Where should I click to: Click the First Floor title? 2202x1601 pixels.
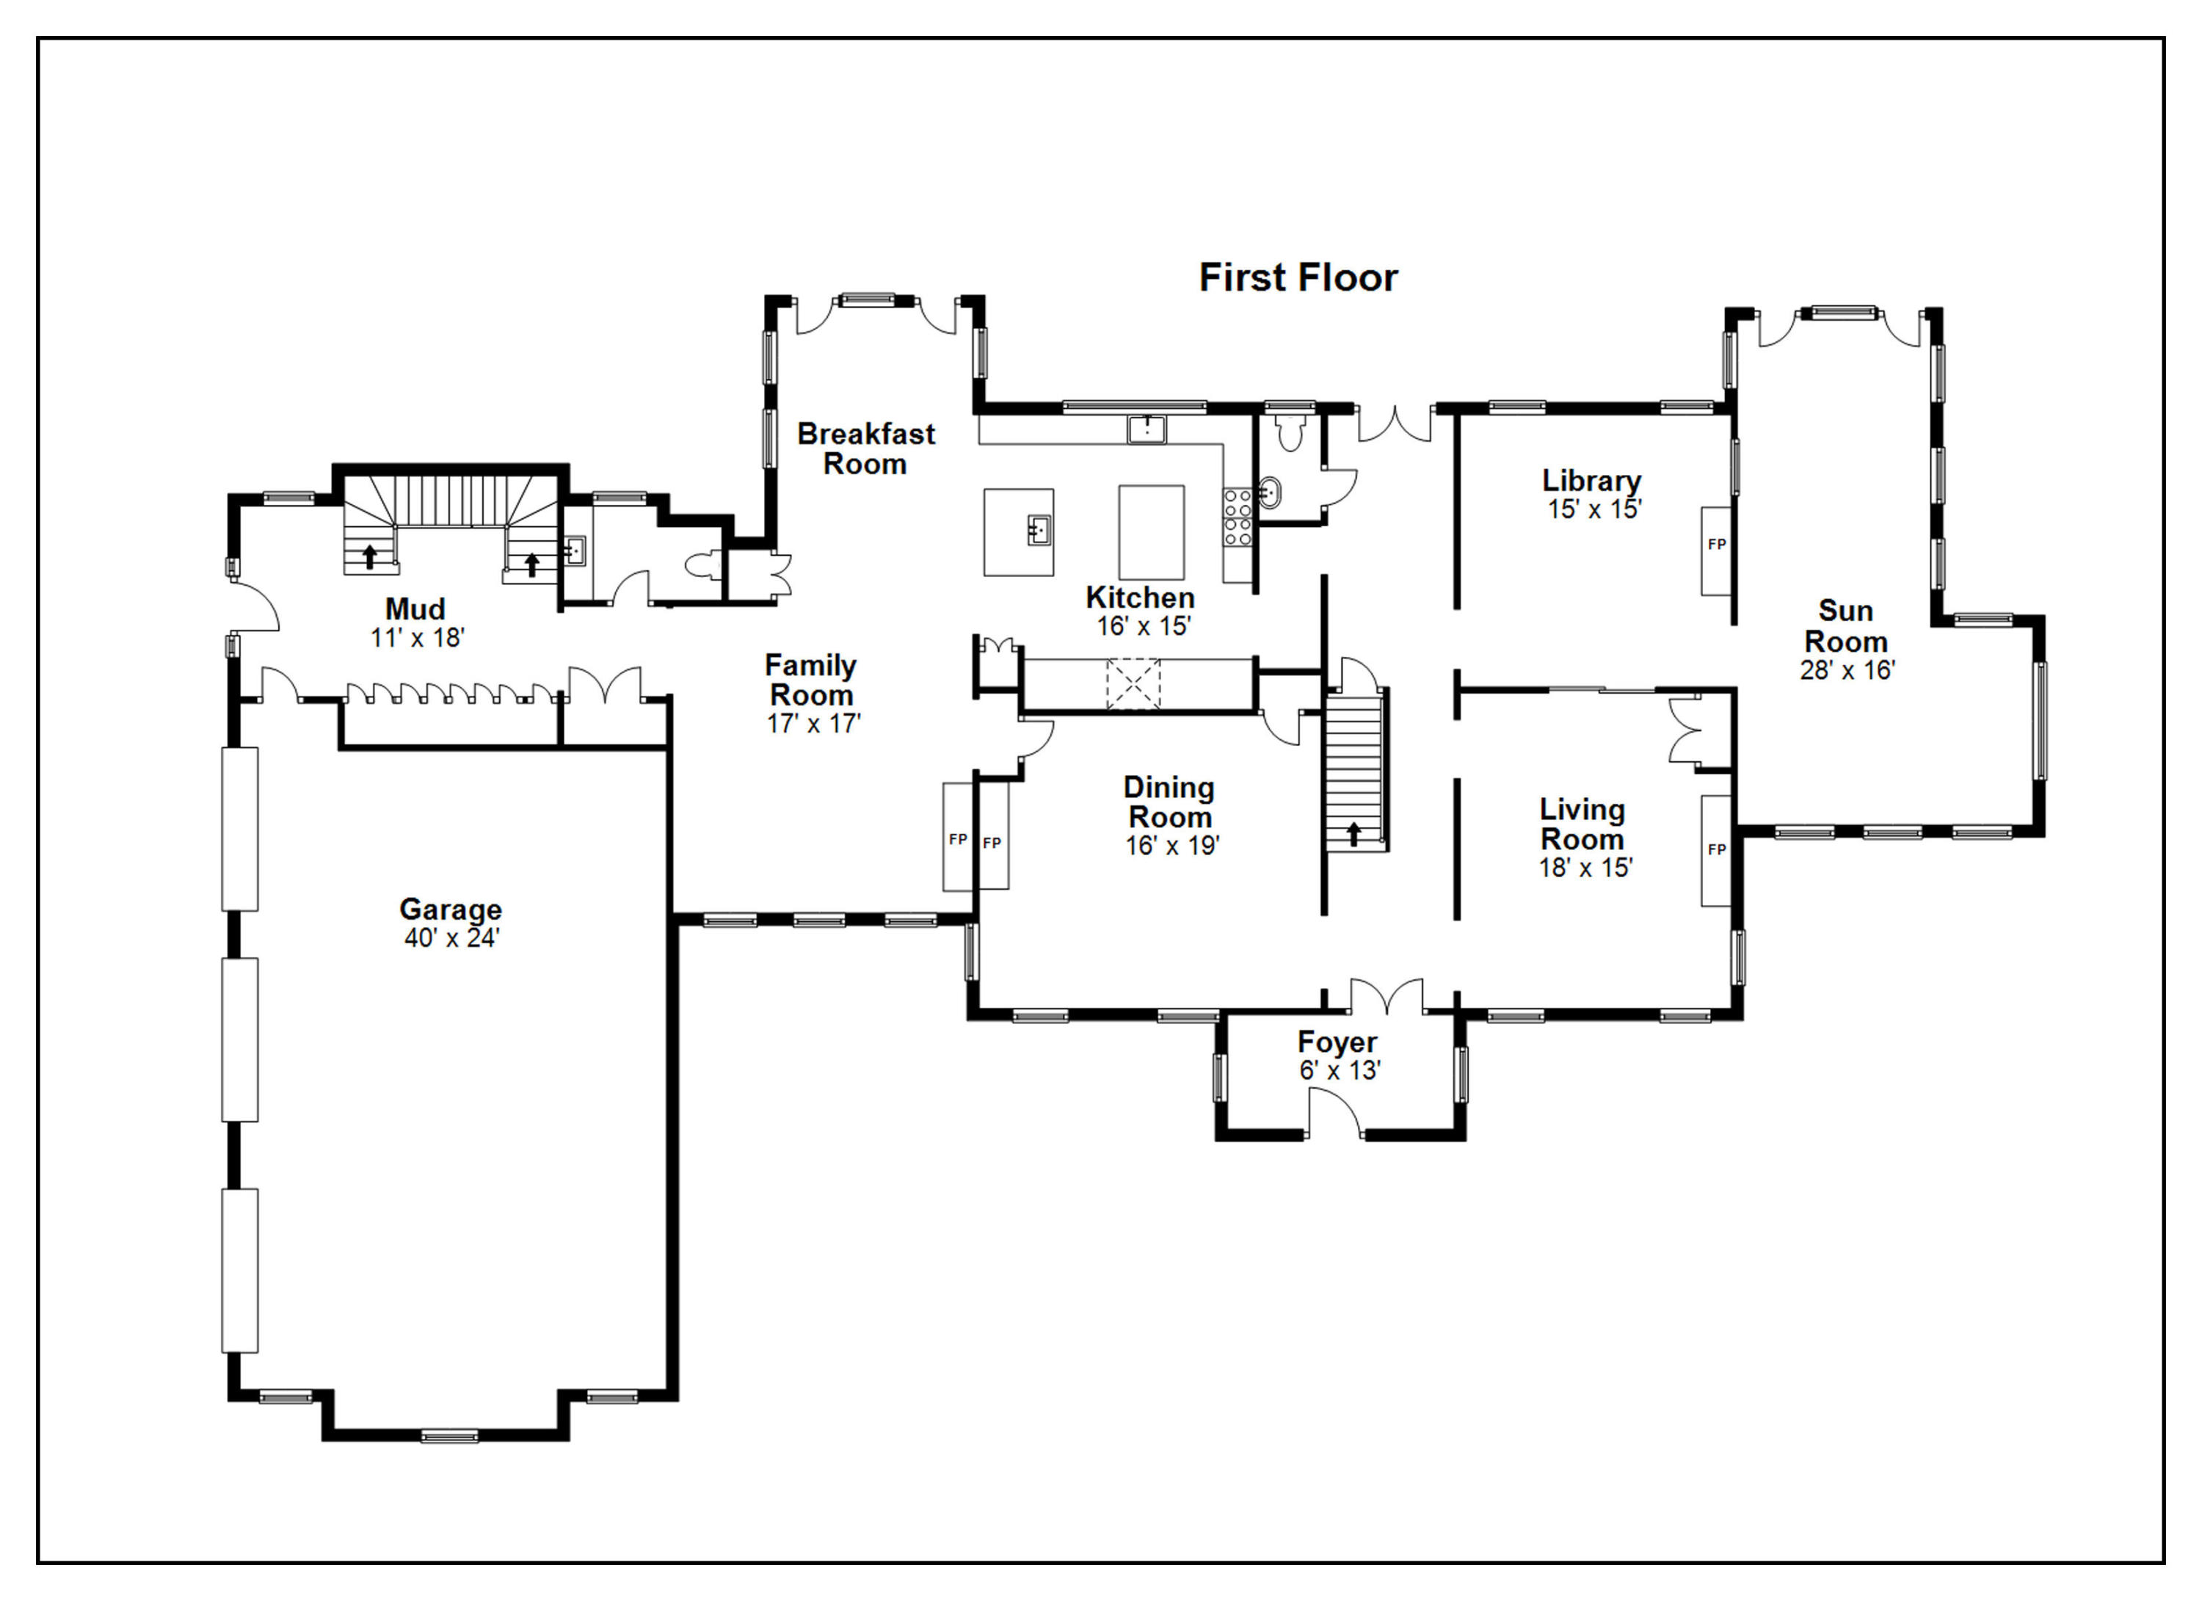pos(1298,277)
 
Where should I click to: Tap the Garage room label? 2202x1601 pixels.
pos(451,909)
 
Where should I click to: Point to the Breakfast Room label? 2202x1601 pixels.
pos(866,449)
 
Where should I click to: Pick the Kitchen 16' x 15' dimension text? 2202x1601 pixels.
pos(1144,626)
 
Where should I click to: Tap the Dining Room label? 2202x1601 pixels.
pos(1170,802)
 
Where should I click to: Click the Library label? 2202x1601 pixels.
pos(1591,481)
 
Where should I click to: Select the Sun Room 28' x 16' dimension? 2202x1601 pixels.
pos(1847,670)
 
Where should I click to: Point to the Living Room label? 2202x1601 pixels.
pos(1583,824)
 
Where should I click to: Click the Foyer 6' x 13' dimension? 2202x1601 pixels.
pos(1340,1070)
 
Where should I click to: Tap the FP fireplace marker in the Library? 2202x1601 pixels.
pos(1717,545)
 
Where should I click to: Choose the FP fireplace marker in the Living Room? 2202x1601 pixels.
pos(1717,849)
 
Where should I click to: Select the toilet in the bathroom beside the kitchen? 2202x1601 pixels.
pos(1290,433)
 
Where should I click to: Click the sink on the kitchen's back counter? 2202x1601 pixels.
pos(1147,428)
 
